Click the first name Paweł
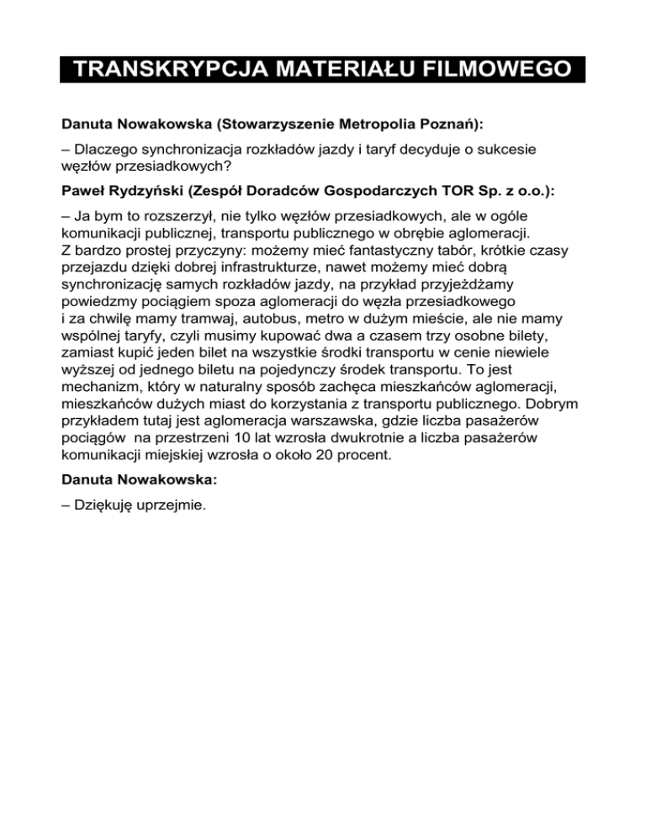[83, 190]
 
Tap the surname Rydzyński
[150, 190]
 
